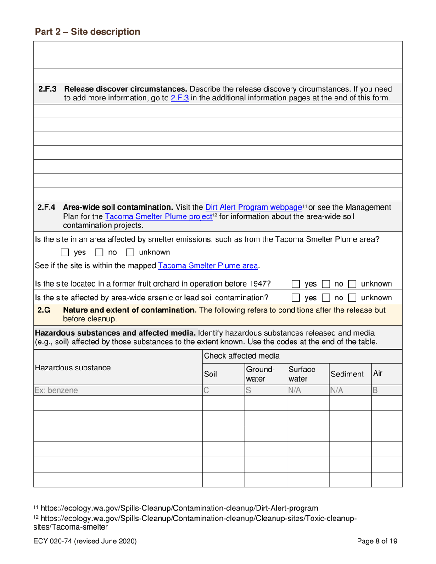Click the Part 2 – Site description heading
click(x=87, y=32)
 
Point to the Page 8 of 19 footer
click(x=377, y=541)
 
